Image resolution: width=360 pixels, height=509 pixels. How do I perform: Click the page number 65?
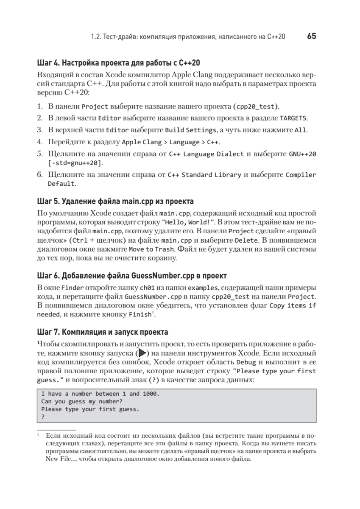point(311,36)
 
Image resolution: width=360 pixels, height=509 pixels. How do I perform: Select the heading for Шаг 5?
point(115,201)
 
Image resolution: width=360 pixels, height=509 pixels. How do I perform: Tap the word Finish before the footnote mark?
point(140,315)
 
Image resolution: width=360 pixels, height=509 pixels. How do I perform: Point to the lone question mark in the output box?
point(43,417)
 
